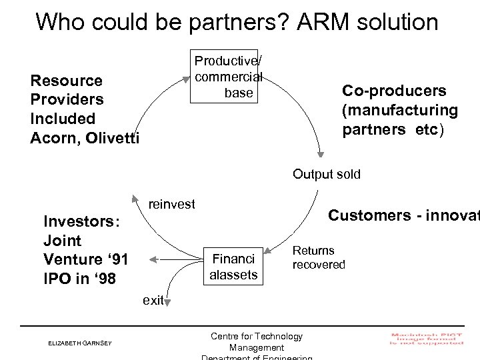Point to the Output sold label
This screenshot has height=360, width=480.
pos(326,175)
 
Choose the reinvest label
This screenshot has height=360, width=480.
pos(171,204)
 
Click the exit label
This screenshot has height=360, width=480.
pos(153,301)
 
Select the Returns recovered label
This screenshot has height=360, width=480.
pos(319,257)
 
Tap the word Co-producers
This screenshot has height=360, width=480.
pos(394,91)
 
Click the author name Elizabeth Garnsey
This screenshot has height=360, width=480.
pos(79,343)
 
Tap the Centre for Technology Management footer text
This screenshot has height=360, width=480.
pos(256,342)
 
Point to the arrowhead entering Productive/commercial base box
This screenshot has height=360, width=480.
pos(187,79)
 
